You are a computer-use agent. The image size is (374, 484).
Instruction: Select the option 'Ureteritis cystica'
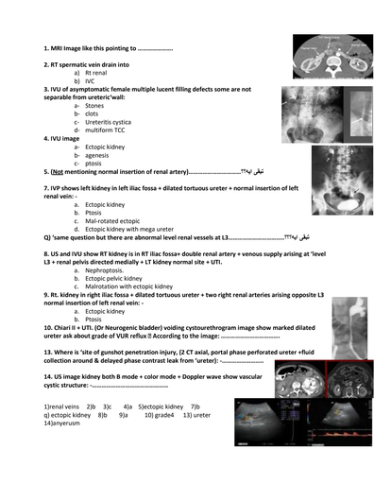108,121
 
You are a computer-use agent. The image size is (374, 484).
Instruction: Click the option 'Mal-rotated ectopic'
113,220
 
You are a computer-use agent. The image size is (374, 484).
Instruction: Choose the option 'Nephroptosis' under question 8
105,270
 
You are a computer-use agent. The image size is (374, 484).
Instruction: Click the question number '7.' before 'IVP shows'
46,188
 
